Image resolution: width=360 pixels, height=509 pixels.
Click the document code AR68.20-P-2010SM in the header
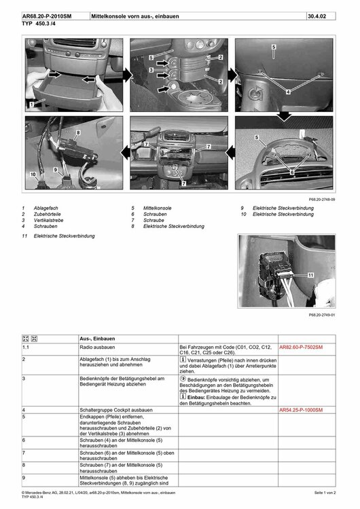point(47,16)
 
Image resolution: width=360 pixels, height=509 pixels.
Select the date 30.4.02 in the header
point(317,16)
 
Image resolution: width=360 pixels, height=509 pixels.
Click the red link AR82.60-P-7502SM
point(301,347)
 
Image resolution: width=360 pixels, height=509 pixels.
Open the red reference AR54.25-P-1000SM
point(301,410)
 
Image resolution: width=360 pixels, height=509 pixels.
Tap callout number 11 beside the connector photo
point(310,275)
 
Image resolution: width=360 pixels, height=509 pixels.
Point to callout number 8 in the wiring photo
point(78,132)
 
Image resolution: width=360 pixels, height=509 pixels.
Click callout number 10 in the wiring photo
point(33,174)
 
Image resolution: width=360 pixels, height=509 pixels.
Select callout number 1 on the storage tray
point(31,105)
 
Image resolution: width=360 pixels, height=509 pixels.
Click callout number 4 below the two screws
point(288,92)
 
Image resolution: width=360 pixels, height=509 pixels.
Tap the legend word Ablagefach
point(46,208)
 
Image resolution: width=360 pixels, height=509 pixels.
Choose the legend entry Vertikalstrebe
point(48,221)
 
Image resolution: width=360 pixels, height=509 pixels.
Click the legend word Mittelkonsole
point(158,208)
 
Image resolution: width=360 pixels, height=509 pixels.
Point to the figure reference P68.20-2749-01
point(322,315)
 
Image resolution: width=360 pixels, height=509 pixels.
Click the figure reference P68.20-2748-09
point(322,200)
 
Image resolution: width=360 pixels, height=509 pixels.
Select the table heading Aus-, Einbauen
point(98,339)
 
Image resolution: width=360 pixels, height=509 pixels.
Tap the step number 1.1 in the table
point(26,347)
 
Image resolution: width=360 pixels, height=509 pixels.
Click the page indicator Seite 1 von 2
point(325,493)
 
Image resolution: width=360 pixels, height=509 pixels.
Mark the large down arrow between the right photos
point(284,116)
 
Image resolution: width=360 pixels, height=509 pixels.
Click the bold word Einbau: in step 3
point(196,397)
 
